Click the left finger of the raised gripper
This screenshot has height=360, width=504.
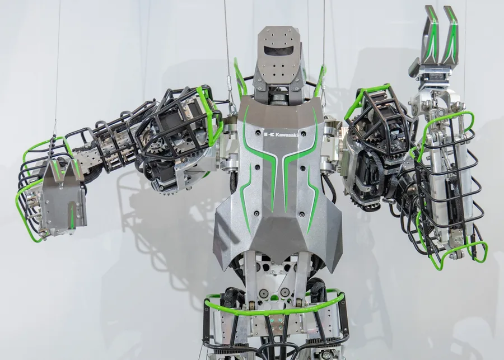pos(430,35)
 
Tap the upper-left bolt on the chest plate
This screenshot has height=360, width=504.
pos(257,167)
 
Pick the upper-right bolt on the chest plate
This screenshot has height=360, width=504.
pos(302,167)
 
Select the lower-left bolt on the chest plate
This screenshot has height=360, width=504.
pos(256,213)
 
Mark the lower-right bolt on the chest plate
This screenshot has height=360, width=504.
pos(302,214)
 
